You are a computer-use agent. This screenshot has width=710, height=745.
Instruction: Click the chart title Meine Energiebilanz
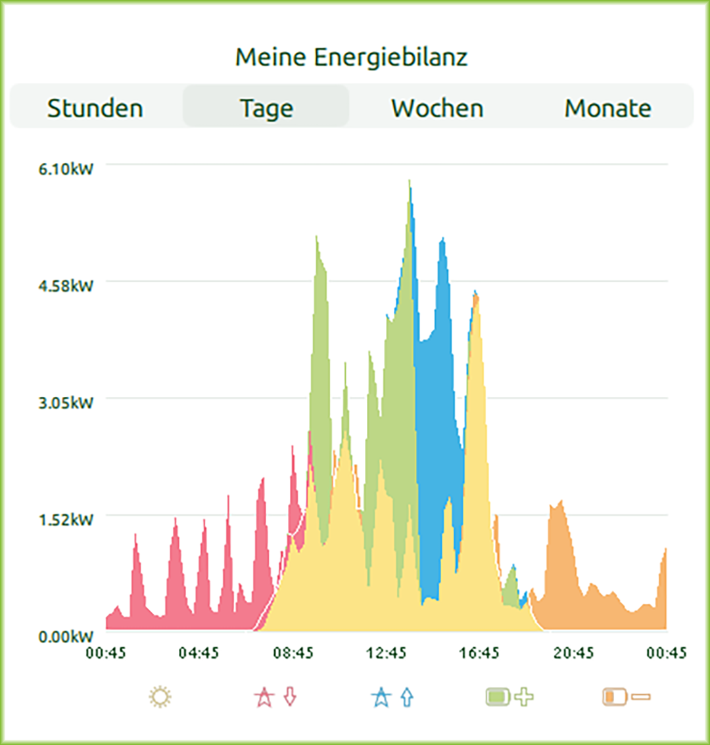pyautogui.click(x=352, y=57)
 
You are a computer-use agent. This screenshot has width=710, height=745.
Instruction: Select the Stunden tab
pyautogui.click(x=95, y=108)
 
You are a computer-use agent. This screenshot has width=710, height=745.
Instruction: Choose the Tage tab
pyautogui.click(x=266, y=108)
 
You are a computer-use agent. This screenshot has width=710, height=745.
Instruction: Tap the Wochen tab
pyautogui.click(x=437, y=108)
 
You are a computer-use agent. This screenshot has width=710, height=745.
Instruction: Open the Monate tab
pyautogui.click(x=608, y=108)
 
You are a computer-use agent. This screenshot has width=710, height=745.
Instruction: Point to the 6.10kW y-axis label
pyautogui.click(x=66, y=169)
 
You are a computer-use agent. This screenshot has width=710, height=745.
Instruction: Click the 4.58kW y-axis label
pyautogui.click(x=66, y=286)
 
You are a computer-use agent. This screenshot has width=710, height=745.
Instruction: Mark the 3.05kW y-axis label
pyautogui.click(x=66, y=402)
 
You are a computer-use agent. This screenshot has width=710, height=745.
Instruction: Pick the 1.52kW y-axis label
pyautogui.click(x=66, y=519)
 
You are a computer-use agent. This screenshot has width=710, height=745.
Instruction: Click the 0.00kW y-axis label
pyautogui.click(x=66, y=636)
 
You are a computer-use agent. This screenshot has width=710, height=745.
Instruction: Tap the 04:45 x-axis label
pyautogui.click(x=199, y=653)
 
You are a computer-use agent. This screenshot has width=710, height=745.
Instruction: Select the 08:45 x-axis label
pyautogui.click(x=293, y=653)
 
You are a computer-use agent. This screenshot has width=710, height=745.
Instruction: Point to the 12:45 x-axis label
pyautogui.click(x=387, y=653)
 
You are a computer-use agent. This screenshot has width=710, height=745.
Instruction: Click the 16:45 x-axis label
pyautogui.click(x=480, y=653)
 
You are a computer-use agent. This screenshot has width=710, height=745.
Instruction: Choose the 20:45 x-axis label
pyautogui.click(x=573, y=653)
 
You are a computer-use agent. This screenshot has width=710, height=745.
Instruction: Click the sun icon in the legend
pyautogui.click(x=160, y=696)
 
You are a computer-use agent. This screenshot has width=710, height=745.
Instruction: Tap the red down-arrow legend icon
pyautogui.click(x=276, y=696)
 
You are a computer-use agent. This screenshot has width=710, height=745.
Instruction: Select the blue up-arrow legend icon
pyautogui.click(x=392, y=696)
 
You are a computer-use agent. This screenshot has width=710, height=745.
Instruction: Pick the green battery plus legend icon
pyautogui.click(x=509, y=696)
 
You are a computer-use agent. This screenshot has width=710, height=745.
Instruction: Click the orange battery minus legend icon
pyautogui.click(x=627, y=696)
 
